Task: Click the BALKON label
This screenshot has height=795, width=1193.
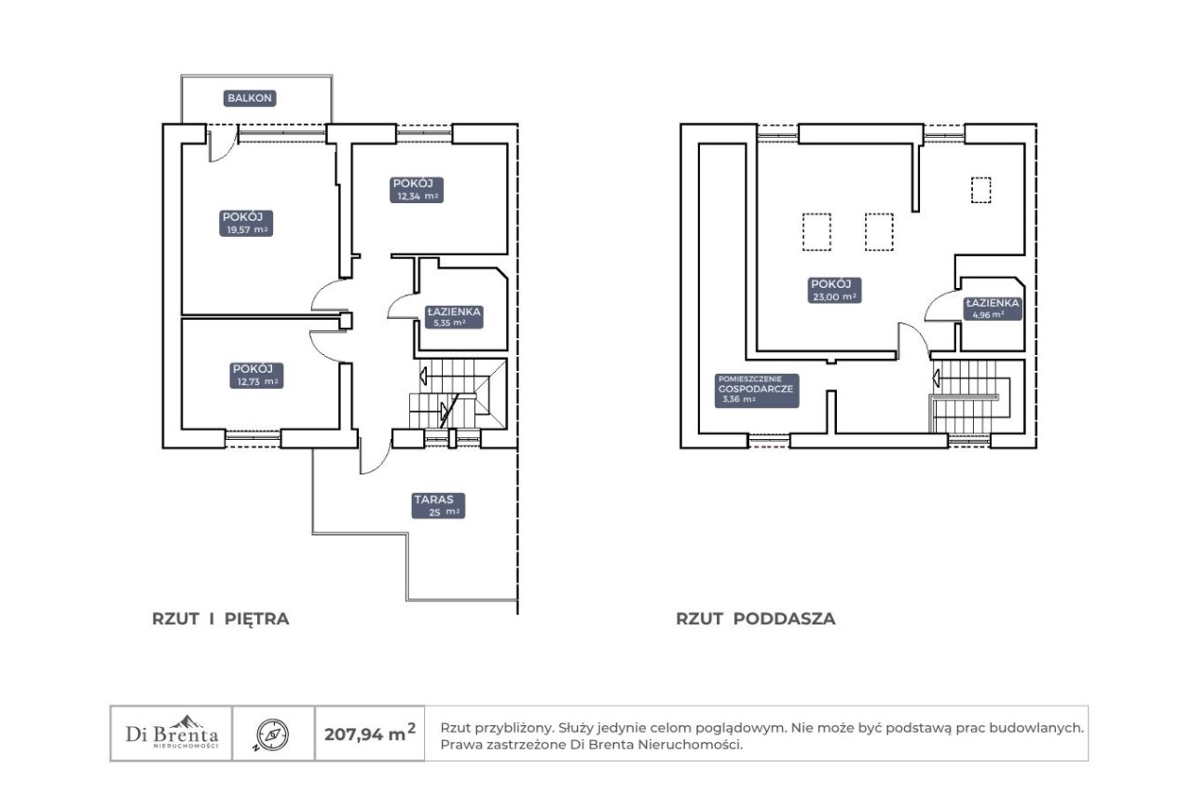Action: (249, 98)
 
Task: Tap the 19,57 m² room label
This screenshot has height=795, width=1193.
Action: (246, 223)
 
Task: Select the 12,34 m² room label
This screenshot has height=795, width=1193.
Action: (417, 189)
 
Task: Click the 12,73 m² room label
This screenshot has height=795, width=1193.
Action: (256, 376)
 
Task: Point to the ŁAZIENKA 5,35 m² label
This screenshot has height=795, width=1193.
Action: (454, 317)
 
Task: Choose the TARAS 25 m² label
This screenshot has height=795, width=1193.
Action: (438, 506)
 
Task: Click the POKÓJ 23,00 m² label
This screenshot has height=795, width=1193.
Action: (834, 290)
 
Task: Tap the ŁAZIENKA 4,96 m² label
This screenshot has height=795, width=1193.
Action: (993, 308)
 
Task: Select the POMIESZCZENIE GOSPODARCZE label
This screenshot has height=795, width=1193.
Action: (756, 391)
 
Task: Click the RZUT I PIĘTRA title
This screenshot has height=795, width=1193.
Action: (221, 619)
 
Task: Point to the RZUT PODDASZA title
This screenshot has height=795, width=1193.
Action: (755, 619)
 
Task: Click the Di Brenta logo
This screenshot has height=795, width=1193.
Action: (171, 733)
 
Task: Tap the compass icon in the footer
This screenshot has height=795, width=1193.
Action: (272, 734)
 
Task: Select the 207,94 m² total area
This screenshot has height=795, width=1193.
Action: (370, 733)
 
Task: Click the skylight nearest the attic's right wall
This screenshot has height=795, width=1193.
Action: (980, 190)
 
